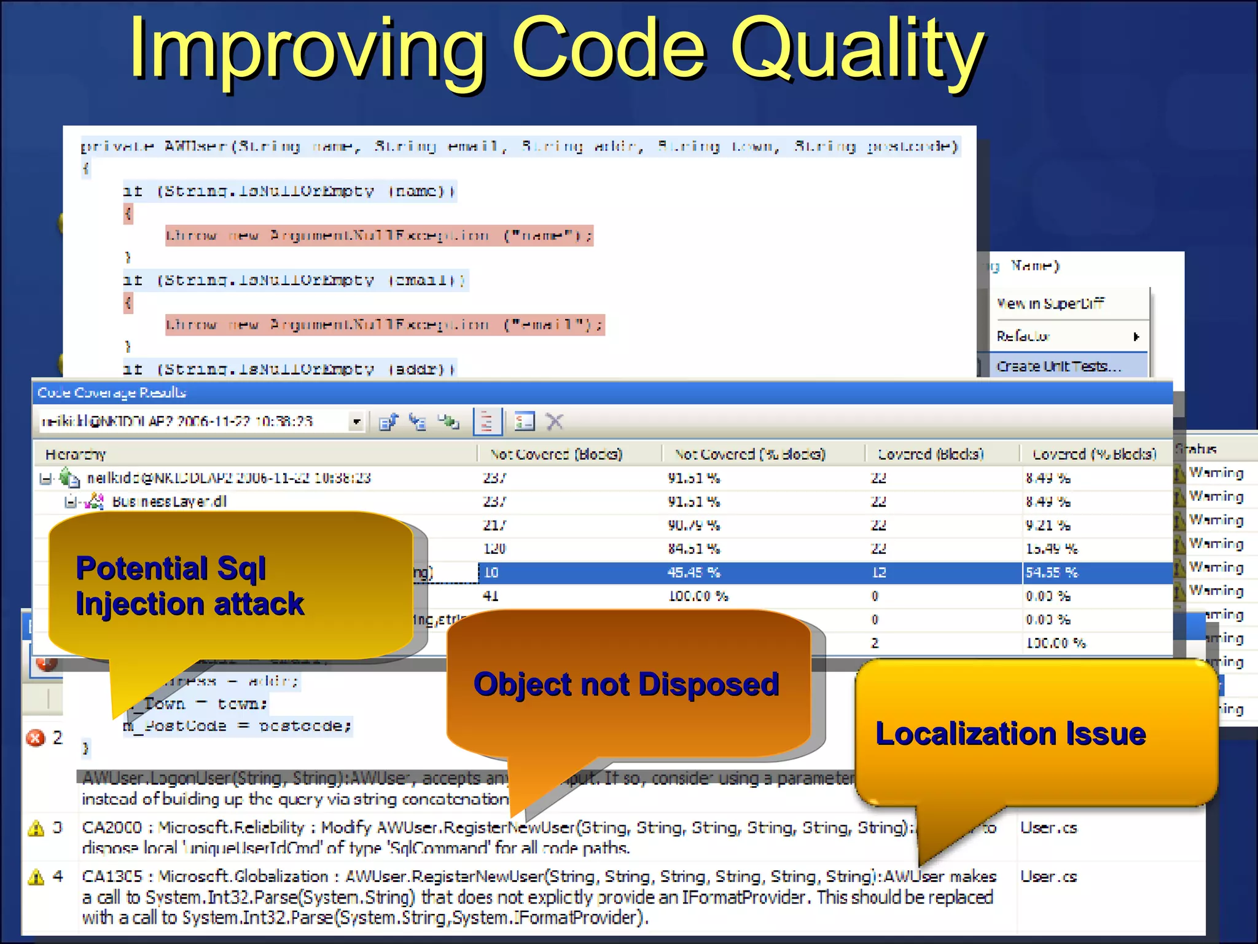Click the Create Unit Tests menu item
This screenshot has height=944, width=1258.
tap(1058, 366)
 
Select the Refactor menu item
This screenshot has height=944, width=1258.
tap(1023, 336)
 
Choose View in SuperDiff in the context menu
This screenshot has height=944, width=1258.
tap(1050, 304)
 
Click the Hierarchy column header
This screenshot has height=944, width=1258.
tap(76, 454)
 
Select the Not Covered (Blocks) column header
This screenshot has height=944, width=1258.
tap(556, 454)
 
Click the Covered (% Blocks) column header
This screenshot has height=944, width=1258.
tap(1094, 454)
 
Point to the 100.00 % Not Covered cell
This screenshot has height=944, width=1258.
tap(698, 596)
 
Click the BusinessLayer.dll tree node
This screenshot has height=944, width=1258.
tap(169, 502)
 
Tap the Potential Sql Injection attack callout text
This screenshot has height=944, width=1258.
tap(189, 586)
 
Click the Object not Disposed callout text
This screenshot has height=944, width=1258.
tap(626, 684)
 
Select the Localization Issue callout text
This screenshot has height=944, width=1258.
tap(1010, 734)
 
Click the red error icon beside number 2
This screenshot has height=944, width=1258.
tap(36, 737)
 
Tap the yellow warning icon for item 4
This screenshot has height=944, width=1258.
tap(36, 877)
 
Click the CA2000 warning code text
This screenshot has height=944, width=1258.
tap(112, 828)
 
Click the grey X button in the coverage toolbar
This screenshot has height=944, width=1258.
tap(555, 422)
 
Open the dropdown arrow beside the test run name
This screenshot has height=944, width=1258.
tap(356, 422)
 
